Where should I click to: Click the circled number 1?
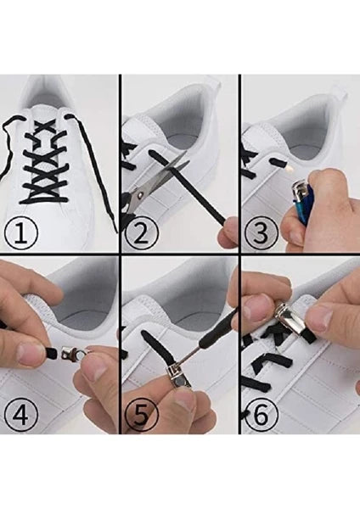coord(21,233)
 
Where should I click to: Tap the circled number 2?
coord(140,233)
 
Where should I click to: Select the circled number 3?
coord(261,232)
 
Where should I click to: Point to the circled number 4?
coord(21,415)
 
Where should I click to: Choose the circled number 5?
coord(140,415)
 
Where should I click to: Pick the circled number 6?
coord(261,415)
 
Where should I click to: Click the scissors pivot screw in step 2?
coord(140,194)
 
